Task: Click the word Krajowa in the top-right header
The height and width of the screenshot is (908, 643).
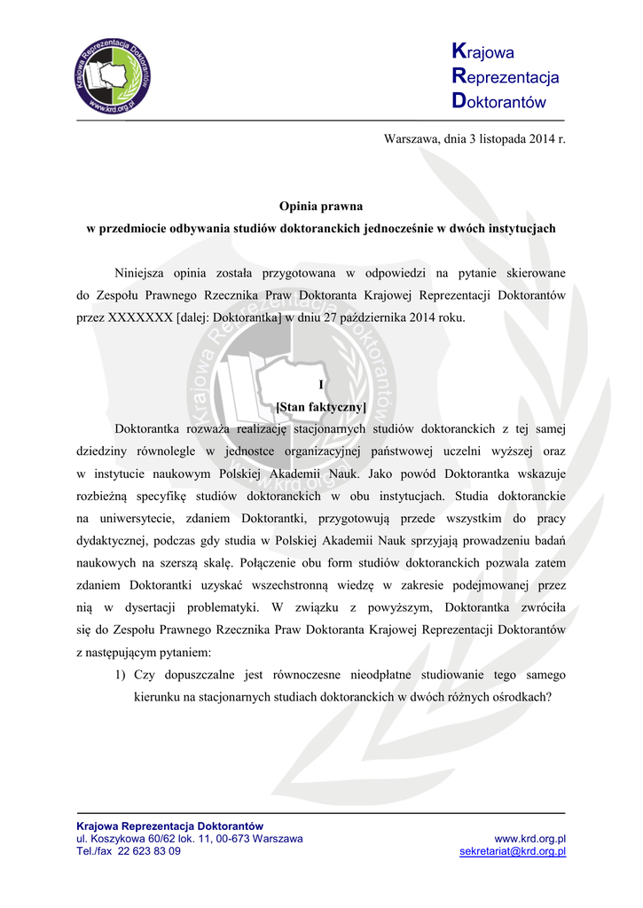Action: pyautogui.click(x=483, y=52)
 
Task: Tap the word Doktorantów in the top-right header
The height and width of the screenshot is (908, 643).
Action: pyautogui.click(x=498, y=101)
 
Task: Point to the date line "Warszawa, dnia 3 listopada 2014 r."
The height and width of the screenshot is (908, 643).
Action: pyautogui.click(x=474, y=138)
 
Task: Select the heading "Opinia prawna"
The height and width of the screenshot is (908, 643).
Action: pyautogui.click(x=321, y=206)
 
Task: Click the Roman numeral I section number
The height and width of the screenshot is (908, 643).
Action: pyautogui.click(x=321, y=384)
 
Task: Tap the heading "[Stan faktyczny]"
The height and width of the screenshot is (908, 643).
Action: pyautogui.click(x=321, y=407)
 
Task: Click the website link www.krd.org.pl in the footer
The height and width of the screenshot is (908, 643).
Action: pyautogui.click(x=529, y=838)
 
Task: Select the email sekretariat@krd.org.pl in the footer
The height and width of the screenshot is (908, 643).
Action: pyautogui.click(x=513, y=851)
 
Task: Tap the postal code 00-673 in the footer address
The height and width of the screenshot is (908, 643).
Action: pyautogui.click(x=230, y=838)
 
